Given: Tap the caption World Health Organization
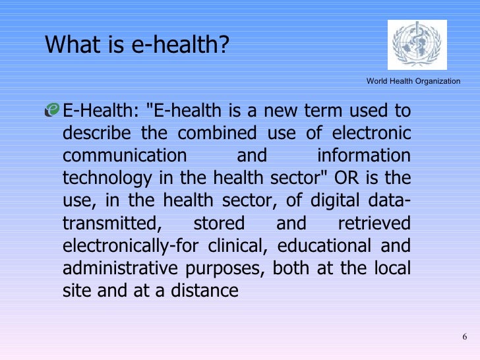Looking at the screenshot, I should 413,80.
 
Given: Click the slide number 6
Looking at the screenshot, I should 464,338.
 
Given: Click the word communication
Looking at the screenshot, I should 125,156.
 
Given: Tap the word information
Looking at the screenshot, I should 363,156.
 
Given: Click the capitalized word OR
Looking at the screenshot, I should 352,178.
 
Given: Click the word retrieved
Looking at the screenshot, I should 373,223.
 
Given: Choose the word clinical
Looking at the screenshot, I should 238,245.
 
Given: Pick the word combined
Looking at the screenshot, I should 221,133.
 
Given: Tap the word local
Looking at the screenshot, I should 394,268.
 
